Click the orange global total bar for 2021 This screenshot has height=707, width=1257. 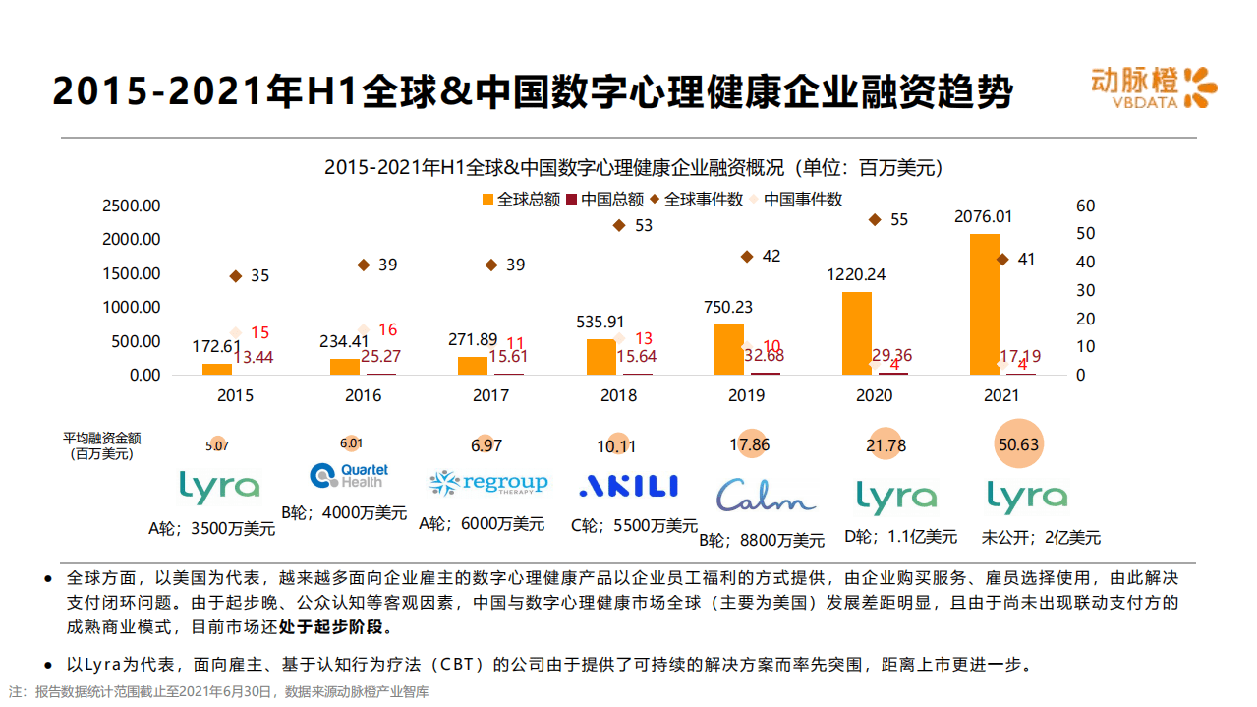pos(984,304)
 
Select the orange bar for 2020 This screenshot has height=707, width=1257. pos(856,333)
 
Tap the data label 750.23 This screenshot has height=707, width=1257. pos(727,307)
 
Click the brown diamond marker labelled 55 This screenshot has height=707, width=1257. pos(875,220)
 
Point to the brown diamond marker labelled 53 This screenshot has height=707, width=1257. pos(619,225)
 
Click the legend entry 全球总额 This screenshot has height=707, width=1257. pos(521,200)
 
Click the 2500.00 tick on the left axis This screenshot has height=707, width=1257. pos(131,206)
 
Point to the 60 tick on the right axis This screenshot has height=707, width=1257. pos(1085,206)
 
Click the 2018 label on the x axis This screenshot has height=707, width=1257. pos(619,395)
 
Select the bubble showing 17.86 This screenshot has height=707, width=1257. pos(751,444)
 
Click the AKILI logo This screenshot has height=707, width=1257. pos(629,485)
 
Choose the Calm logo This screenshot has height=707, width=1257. pos(766,495)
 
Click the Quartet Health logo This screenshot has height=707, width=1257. pos(349,476)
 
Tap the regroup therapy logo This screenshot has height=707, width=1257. pos(488,483)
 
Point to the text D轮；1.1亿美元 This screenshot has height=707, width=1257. pos(900,537)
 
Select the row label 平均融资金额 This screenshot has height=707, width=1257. pos(102,438)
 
